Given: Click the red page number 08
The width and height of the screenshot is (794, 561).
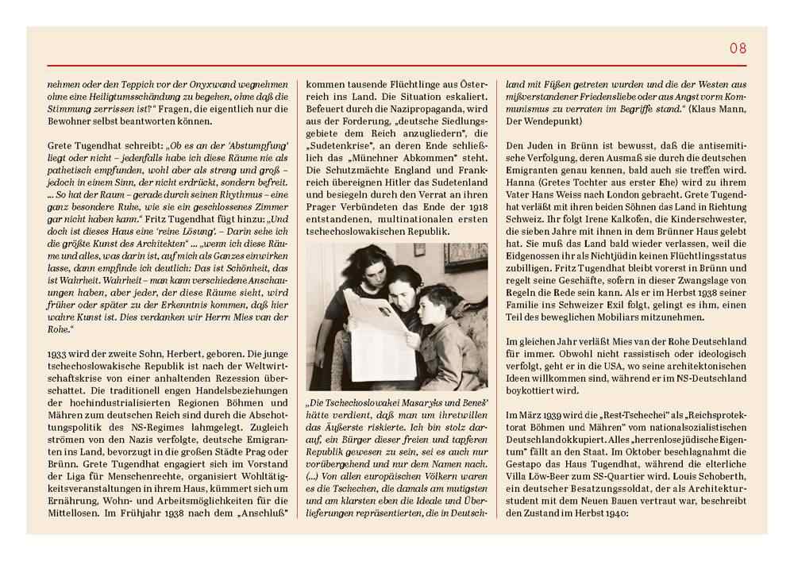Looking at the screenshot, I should click(x=738, y=48).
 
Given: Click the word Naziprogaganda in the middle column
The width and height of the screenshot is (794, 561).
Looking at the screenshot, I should click(x=434, y=124).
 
